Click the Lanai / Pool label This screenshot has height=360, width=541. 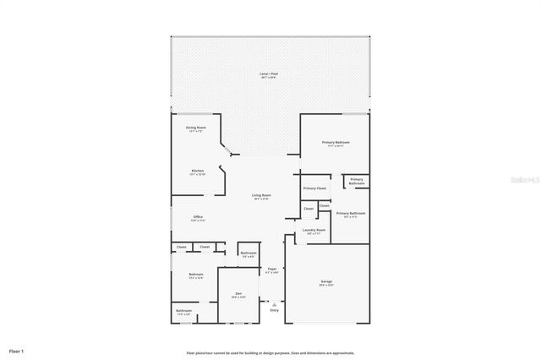[x=270, y=75]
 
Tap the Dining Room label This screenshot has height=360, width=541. [x=196, y=128]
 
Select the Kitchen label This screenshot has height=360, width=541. [x=197, y=172]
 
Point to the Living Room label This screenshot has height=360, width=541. [x=261, y=197]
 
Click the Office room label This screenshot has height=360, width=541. [x=197, y=218]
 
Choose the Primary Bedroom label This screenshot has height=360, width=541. [x=336, y=144]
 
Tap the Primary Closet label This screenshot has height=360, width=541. [x=314, y=188]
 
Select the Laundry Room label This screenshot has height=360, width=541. [x=314, y=231]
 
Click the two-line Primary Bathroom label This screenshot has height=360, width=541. [x=357, y=181]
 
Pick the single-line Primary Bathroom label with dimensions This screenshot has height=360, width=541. [x=351, y=215]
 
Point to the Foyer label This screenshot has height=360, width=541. [x=271, y=270]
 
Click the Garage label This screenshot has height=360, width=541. [x=326, y=283]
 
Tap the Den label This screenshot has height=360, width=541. [x=238, y=295]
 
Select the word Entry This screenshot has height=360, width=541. [x=274, y=310]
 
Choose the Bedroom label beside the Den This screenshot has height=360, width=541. [x=195, y=275]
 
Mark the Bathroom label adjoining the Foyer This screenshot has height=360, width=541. [x=248, y=254]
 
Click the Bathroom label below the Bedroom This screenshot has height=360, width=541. [x=184, y=312]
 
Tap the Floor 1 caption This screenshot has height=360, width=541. [x=17, y=350]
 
